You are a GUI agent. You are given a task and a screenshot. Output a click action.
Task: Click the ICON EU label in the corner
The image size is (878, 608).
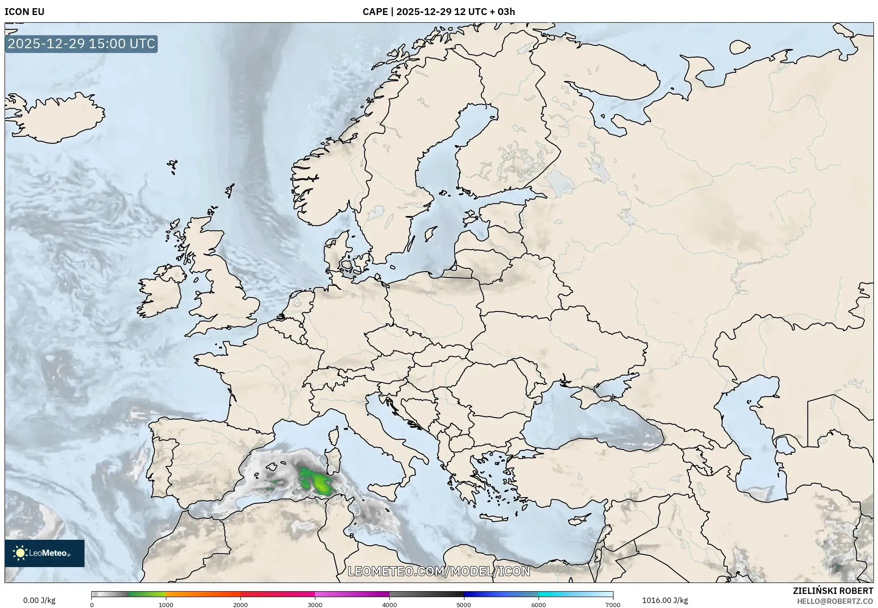(25, 12)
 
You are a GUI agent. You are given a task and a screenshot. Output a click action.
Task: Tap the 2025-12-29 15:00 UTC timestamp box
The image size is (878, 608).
(81, 44)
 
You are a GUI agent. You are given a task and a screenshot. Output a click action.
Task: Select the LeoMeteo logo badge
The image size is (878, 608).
(45, 553)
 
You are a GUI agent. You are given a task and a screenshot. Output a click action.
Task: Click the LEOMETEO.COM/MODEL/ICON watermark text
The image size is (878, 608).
(439, 571)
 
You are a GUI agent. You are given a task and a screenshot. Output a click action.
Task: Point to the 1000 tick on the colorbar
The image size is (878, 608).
(166, 604)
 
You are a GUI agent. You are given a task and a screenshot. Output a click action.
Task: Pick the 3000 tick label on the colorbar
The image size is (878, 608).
(315, 604)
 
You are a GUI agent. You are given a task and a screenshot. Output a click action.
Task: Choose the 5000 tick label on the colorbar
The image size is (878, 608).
(464, 604)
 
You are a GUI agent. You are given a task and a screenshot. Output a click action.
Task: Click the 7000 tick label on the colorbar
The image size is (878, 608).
(613, 604)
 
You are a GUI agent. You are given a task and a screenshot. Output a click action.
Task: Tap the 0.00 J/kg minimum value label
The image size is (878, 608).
(39, 600)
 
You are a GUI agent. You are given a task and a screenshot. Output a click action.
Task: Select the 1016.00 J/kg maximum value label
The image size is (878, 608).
(665, 600)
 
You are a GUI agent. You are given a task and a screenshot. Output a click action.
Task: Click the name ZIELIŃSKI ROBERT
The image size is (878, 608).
(833, 591)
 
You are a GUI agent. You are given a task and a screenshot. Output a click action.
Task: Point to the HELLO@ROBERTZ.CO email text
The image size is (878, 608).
(835, 601)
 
